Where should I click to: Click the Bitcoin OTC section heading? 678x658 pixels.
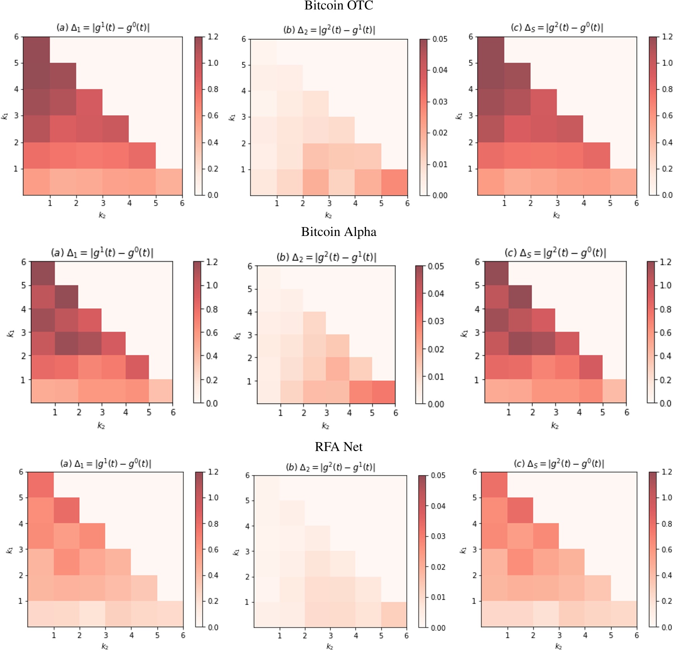click(339, 5)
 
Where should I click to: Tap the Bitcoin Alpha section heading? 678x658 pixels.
click(339, 232)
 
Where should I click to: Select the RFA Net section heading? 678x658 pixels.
click(339, 447)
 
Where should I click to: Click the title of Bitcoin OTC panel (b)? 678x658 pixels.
click(329, 30)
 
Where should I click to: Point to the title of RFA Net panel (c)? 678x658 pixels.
click(559, 463)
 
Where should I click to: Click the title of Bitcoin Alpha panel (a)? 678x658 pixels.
click(102, 253)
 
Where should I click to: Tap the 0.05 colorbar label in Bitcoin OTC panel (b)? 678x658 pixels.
click(440, 39)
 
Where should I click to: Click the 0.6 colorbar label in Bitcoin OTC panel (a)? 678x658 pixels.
click(213, 116)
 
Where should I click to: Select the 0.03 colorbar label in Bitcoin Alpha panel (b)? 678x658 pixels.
click(436, 321)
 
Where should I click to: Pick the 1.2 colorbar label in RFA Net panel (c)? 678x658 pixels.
click(667, 472)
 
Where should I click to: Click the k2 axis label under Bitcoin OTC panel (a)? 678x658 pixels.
click(102, 215)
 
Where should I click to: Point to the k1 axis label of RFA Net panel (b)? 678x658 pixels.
click(236, 552)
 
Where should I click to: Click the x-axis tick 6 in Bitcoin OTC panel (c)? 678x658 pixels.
click(636, 203)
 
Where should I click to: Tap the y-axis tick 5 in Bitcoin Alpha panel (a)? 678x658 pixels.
click(24, 285)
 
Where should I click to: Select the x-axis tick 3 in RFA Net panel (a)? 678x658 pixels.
click(106, 635)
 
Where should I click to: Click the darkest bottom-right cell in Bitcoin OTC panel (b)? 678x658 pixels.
click(394, 182)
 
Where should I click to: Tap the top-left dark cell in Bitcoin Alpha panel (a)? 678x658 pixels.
click(43, 273)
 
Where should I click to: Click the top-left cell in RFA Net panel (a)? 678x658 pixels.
click(41, 485)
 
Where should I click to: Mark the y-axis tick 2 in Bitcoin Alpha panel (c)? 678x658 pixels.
click(477, 356)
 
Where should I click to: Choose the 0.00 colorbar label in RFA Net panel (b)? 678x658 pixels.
click(438, 628)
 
